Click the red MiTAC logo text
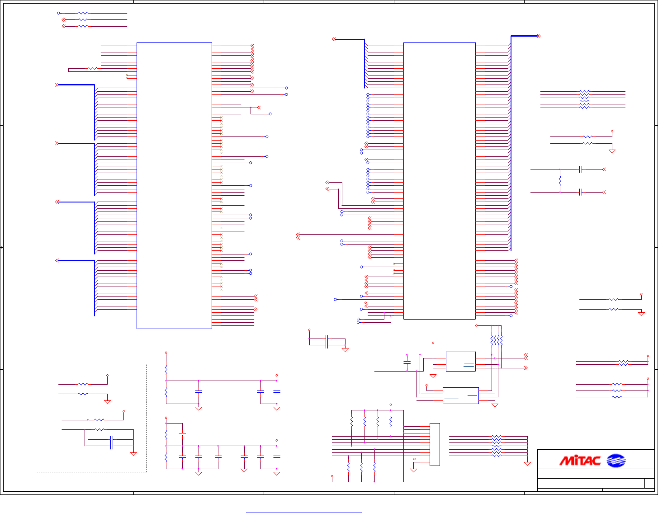[580, 461]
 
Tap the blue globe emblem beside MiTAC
[615, 461]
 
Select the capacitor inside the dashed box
[112, 443]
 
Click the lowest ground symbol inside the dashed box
[133, 454]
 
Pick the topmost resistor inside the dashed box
[83, 384]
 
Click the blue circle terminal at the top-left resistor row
[58, 14]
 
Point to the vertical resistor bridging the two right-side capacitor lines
[560, 181]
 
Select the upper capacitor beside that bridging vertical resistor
[581, 169]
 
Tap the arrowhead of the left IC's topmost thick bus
[57, 85]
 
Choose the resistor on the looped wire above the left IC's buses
[93, 69]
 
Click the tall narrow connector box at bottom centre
[435, 444]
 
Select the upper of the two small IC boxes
[460, 362]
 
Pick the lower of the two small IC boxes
[460, 395]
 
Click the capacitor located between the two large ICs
[327, 342]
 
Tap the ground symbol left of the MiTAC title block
[527, 463]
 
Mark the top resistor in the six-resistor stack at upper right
[584, 92]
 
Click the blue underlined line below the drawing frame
[304, 513]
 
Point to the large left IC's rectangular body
[174, 185]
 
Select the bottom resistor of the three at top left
[83, 26]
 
